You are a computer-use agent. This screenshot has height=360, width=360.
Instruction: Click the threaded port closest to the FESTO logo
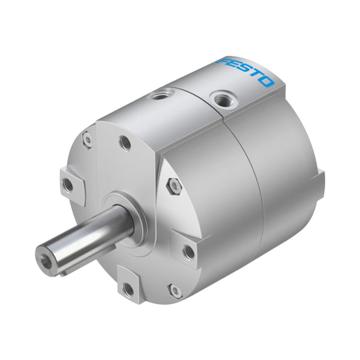click(221, 99)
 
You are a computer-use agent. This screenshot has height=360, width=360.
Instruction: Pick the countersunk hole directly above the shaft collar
click(125, 143)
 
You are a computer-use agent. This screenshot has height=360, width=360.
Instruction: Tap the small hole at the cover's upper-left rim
click(88, 140)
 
